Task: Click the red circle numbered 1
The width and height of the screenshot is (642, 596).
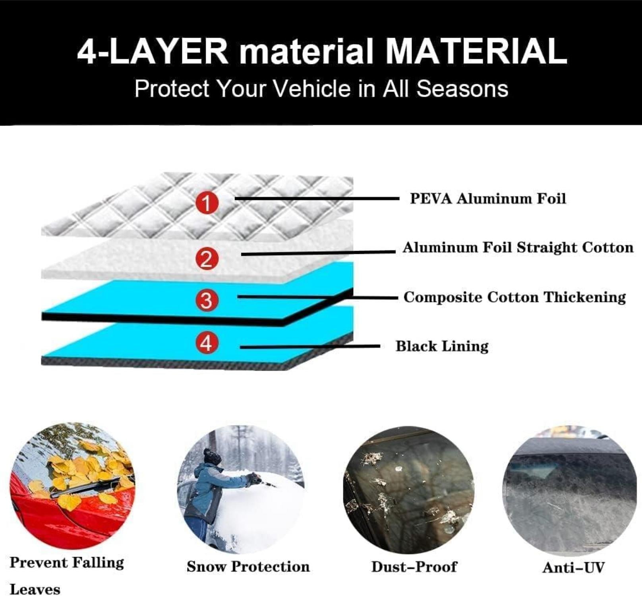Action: (x=207, y=203)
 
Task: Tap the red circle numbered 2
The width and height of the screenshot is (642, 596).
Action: (x=207, y=259)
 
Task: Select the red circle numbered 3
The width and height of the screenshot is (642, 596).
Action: (x=207, y=300)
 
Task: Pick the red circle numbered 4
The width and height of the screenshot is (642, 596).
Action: (x=207, y=342)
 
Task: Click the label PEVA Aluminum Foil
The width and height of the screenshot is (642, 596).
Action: (x=488, y=198)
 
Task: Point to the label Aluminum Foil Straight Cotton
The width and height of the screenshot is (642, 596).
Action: (x=518, y=247)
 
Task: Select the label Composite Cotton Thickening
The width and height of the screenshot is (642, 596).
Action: (x=515, y=297)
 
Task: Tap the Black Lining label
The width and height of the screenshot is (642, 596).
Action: (x=442, y=346)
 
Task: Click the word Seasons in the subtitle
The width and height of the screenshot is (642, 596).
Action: (x=462, y=88)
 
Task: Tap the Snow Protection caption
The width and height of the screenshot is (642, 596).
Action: (x=248, y=567)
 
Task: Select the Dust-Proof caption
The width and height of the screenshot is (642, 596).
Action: (x=414, y=567)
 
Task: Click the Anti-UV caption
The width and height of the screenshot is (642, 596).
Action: (x=574, y=567)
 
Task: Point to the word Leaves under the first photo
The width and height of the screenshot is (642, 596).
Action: (x=35, y=589)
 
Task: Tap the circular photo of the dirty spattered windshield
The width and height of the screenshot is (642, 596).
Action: (x=409, y=490)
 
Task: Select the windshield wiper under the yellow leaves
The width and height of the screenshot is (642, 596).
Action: (x=85, y=490)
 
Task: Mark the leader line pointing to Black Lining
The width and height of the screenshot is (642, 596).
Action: (x=310, y=347)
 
